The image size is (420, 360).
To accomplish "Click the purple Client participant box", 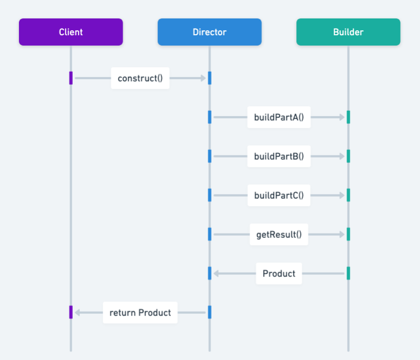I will (71, 32).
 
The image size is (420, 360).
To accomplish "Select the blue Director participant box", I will (209, 32).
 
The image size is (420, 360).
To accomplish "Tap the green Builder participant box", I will (348, 32).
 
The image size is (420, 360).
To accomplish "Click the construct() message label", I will (140, 78).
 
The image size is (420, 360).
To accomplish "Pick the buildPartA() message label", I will (279, 117).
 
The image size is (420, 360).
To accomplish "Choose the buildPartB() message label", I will (279, 156).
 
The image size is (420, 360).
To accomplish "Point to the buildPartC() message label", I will (279, 195).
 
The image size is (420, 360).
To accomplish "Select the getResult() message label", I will (279, 235).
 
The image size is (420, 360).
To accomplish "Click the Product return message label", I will (279, 274).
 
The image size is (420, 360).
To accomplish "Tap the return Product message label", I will (140, 313).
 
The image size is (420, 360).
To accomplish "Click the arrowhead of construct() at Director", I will (203, 78).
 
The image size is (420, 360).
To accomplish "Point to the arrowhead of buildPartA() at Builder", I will (342, 117).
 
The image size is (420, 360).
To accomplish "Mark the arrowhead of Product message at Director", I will (216, 274).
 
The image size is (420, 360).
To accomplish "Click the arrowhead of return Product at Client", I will (77, 313).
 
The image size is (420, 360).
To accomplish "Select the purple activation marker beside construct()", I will (71, 78).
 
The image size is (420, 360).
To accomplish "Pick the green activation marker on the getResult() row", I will (348, 235).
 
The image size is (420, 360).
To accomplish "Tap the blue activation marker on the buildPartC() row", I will (209, 195).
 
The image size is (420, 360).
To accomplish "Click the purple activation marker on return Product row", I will (71, 313).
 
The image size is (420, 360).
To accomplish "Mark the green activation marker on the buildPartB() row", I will (348, 156).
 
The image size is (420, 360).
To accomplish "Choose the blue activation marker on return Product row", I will (209, 313).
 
